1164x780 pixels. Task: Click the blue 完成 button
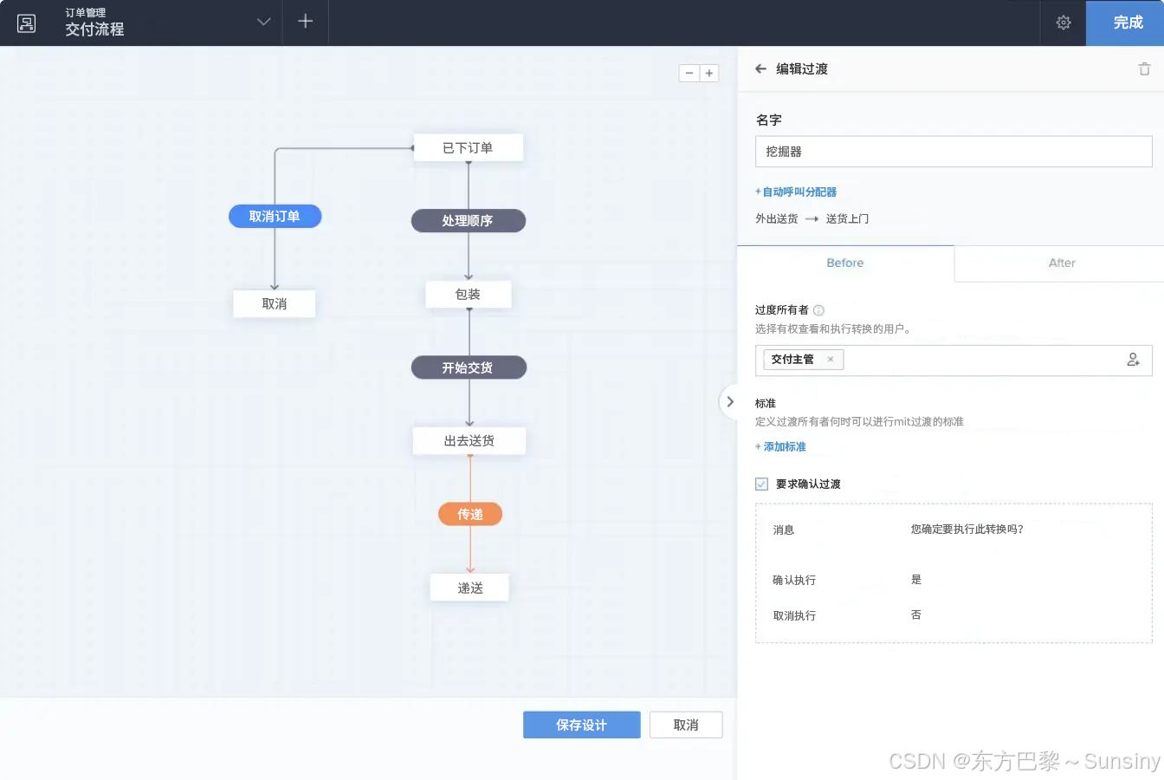[1128, 23]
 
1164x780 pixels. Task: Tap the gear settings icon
[1064, 23]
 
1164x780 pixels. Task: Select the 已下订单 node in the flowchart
[468, 148]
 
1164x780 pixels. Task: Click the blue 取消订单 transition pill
[275, 217]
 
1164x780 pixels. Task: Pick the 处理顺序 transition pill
[468, 221]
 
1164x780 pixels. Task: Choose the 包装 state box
[468, 295]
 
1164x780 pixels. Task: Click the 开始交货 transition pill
[468, 367]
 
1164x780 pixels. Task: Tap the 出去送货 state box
[469, 441]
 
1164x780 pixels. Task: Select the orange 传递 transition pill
[470, 514]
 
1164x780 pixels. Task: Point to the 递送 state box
[469, 588]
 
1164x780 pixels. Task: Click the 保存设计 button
[581, 725]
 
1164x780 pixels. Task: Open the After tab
[1062, 263]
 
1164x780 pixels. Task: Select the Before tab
[845, 263]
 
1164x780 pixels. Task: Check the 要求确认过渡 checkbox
[762, 484]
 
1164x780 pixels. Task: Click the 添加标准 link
[784, 447]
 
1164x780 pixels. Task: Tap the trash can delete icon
[1144, 69]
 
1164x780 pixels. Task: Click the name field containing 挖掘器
[953, 152]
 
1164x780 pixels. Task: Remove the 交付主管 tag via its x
[830, 360]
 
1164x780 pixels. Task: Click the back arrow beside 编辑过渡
[760, 69]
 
